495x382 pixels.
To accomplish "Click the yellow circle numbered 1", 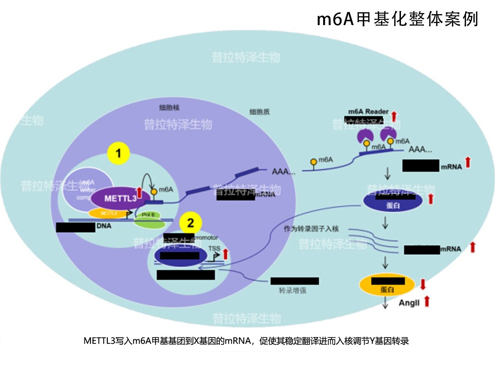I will click(118, 154).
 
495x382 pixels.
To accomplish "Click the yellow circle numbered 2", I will click(191, 223).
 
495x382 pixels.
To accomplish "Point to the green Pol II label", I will click(148, 215).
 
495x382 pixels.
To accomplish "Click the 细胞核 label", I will click(169, 108).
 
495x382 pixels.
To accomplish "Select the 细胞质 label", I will click(259, 112).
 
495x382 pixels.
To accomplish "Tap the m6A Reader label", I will click(368, 111).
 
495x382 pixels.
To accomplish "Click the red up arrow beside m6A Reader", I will click(394, 116).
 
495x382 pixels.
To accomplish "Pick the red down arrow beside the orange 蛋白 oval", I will click(423, 284).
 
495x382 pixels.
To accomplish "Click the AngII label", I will click(409, 303).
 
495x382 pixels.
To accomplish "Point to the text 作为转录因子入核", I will click(311, 228).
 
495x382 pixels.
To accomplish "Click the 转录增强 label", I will click(292, 290).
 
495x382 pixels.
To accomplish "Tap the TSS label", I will click(214, 248).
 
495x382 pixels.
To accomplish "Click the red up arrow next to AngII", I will click(427, 301).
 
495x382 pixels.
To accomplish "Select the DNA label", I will click(104, 226).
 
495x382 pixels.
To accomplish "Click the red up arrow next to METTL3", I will click(139, 193).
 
